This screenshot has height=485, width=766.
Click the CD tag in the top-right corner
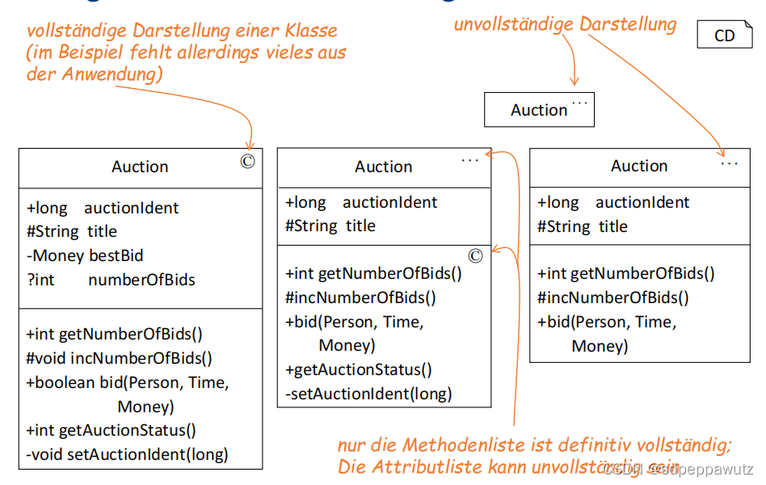724,35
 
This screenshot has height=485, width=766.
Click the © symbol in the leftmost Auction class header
247,161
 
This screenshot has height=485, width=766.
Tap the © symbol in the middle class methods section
475,255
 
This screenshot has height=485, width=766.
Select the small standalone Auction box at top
539,110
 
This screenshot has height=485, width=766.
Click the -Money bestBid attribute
85,255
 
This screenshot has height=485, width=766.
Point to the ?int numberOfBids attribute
111,280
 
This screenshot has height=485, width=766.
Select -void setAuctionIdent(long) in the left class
127,454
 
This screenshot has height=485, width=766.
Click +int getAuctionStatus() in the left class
111,430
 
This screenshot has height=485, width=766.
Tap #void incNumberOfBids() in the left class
119,357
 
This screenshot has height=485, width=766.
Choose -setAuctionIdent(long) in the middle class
368,394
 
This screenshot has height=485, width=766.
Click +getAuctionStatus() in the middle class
359,370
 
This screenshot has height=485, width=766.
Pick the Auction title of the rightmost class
639,166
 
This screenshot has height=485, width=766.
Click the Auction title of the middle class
383,167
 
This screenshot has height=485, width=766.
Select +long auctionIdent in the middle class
361,202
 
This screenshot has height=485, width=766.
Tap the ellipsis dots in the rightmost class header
729,162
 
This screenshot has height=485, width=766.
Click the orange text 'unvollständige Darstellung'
565,24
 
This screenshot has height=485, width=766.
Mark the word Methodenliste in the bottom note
476,445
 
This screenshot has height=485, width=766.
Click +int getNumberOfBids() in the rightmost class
626,273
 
